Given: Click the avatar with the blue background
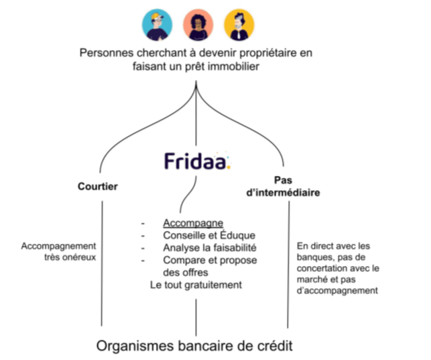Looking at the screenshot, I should click(157, 25).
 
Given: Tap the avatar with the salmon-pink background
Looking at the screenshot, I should click(198, 25).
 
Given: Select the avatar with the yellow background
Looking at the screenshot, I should click(239, 25).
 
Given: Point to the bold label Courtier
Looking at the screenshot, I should click(98, 186).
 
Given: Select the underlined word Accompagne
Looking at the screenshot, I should click(193, 223).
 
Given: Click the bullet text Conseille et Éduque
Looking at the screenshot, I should click(209, 235).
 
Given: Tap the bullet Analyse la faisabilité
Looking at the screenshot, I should click(210, 248).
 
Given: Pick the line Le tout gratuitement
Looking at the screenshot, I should click(196, 285).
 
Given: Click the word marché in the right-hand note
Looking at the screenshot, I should click(311, 279).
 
